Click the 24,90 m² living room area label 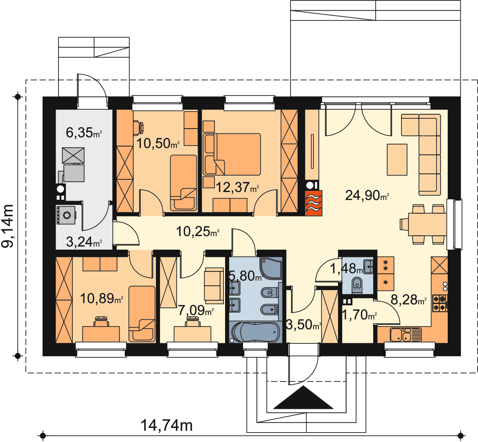pos(367,195)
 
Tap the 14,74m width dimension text pos(167,425)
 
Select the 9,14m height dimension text pos(8,226)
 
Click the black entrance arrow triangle pos(303,397)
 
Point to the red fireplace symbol pos(313,203)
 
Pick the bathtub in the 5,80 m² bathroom pos(255,332)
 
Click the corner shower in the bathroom pos(271,268)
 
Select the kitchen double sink pos(401,335)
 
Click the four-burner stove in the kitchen pos(440,303)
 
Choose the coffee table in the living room pos(397,160)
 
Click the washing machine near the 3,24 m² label pos(66,215)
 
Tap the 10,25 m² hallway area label pos(198,232)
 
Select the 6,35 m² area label pos(83,133)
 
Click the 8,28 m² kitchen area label pos(408,300)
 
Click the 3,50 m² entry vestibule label pos(303,325)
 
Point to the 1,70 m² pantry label pos(359,315)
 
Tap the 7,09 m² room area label pos(196,310)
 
